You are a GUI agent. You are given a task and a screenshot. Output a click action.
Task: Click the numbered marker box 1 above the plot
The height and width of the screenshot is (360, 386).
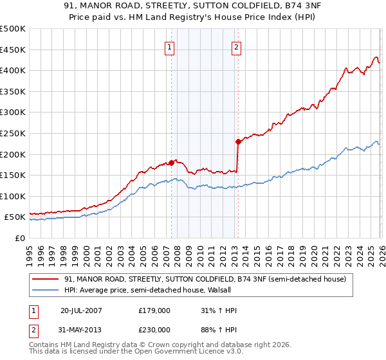(x=170, y=47)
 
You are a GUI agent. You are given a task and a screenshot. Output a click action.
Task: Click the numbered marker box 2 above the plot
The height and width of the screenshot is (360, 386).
(x=237, y=47)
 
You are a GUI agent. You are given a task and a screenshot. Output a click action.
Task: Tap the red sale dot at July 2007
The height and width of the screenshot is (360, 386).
(x=171, y=163)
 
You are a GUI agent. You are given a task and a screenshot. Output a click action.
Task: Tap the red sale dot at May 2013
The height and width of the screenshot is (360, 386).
(x=238, y=141)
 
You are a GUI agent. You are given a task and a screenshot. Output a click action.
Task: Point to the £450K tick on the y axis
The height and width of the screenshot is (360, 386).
(x=14, y=50)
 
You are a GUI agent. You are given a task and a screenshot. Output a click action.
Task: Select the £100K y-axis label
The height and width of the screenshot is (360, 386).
(x=14, y=196)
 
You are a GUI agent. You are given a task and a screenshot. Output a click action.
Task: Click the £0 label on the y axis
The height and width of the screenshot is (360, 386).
(x=19, y=238)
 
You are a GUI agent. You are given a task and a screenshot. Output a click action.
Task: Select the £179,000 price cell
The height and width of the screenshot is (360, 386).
(x=154, y=310)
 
